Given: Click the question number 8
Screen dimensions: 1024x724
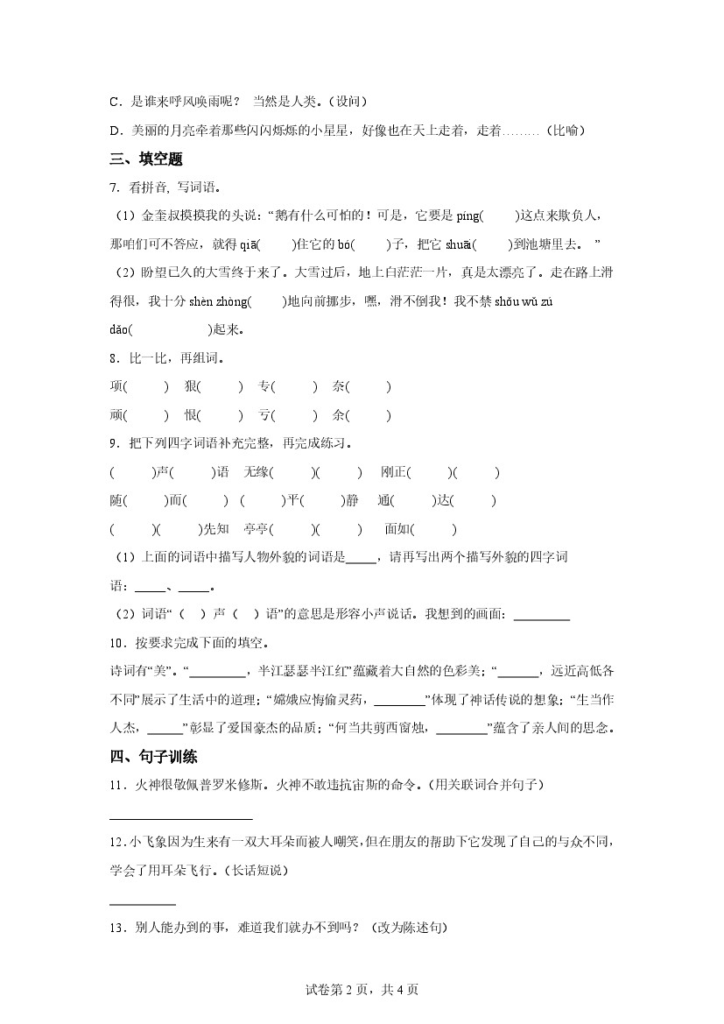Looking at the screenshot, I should click(x=116, y=358).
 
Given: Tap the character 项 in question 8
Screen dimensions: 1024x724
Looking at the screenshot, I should click(x=116, y=386).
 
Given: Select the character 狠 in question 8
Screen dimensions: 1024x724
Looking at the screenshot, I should click(x=191, y=386).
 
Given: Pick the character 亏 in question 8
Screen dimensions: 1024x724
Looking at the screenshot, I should click(x=264, y=415).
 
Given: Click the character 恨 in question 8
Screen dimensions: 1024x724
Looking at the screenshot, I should click(x=191, y=415).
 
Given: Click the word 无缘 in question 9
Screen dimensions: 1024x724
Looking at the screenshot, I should click(x=257, y=472).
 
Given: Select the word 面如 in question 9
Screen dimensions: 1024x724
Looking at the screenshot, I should click(x=397, y=529).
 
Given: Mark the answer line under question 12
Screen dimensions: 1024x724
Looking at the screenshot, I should click(x=143, y=903).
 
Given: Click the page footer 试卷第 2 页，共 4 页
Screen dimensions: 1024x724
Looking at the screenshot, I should click(x=362, y=990).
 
